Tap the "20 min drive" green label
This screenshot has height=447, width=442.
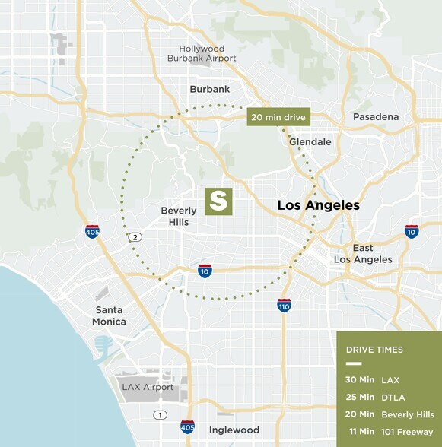pyautogui.click(x=277, y=117)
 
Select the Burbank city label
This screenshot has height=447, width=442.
pyautogui.click(x=210, y=89)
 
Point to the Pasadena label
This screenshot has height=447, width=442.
pyautogui.click(x=376, y=116)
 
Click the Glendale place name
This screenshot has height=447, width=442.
pyautogui.click(x=310, y=142)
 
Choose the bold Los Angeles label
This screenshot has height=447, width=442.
pyautogui.click(x=318, y=205)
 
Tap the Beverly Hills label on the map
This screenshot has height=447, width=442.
pyautogui.click(x=180, y=216)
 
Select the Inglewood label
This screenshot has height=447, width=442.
pyautogui.click(x=234, y=430)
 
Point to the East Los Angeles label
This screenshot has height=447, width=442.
pyautogui.click(x=362, y=254)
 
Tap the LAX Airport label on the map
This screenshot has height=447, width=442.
pyautogui.click(x=148, y=387)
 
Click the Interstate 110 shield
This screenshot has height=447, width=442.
pyautogui.click(x=285, y=305)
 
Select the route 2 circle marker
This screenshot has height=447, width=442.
pyautogui.click(x=135, y=237)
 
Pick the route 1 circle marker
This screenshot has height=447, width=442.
pyautogui.click(x=160, y=414)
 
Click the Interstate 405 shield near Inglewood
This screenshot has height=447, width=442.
pyautogui.click(x=187, y=426)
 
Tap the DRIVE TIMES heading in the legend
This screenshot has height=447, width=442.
pyautogui.click(x=374, y=350)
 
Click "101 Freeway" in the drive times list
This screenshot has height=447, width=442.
pyautogui.click(x=409, y=432)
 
